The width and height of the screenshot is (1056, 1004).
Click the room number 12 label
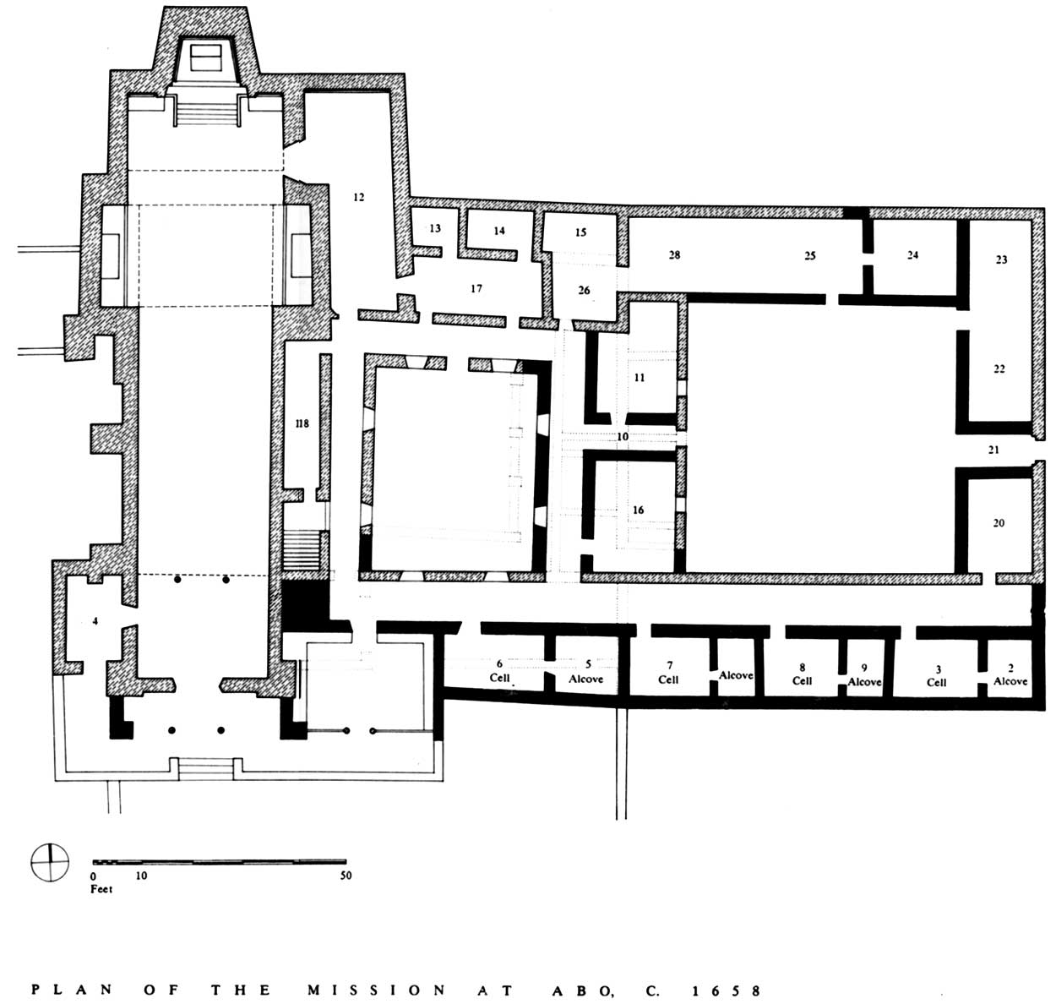pos(359,197)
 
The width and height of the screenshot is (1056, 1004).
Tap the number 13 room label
pos(435,228)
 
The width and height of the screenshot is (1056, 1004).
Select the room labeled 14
pos(499,231)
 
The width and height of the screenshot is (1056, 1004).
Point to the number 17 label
pos(476,289)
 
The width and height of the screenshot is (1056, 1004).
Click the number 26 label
pos(585,290)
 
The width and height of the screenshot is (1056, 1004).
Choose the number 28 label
pos(675,254)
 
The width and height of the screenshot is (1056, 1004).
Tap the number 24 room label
pos(913,254)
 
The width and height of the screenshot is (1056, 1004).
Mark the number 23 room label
pos(1002,259)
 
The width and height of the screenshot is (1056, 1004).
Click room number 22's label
pos(999,368)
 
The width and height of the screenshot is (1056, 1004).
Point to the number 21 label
pos(993,450)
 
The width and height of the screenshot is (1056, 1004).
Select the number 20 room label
pos(999,522)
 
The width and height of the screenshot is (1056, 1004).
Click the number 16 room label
pos(638,510)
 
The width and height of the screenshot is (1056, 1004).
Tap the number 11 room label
pos(640,377)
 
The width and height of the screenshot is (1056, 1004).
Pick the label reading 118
pos(302,423)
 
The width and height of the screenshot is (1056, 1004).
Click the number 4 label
pos(95,621)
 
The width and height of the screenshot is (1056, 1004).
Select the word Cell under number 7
pos(668,679)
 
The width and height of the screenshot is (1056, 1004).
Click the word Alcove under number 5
pos(586,679)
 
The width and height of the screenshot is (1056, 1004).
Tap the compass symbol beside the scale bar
pos(50,863)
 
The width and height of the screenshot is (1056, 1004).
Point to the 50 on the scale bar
pos(346,875)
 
